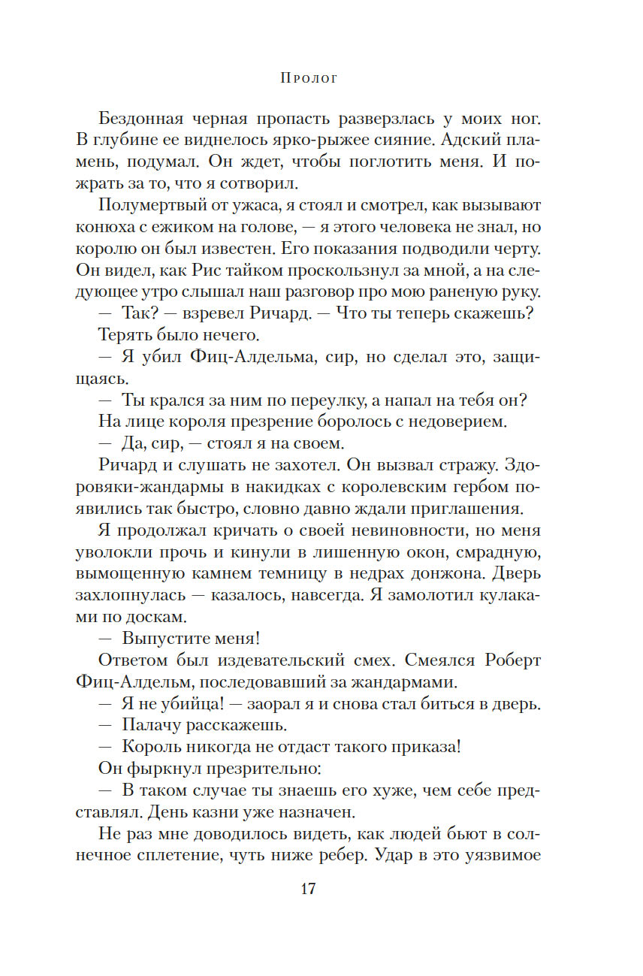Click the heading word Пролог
click(x=308, y=77)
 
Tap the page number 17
click(x=308, y=890)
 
